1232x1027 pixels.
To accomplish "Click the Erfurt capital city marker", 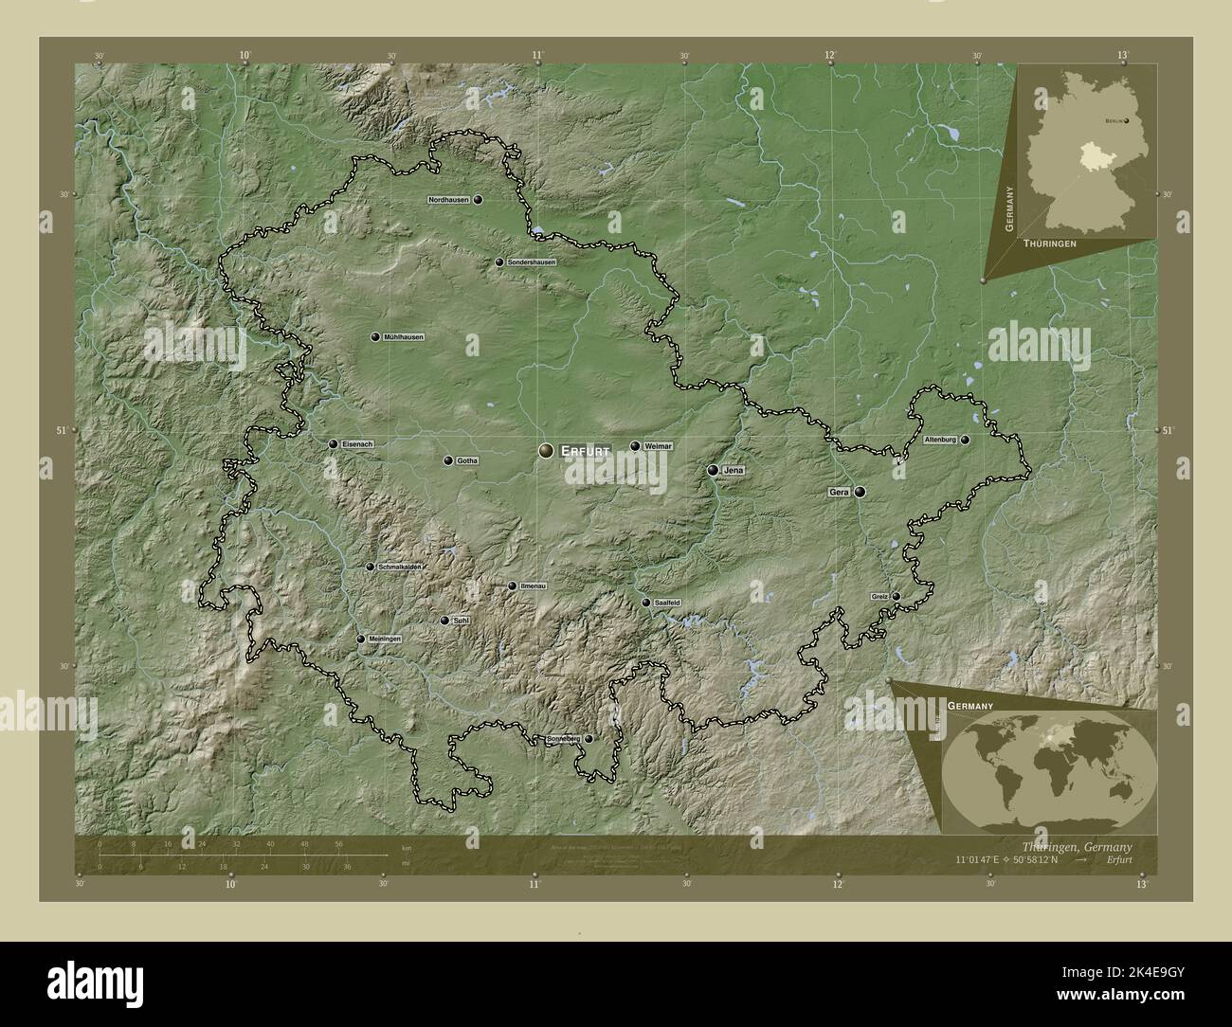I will point(547,452).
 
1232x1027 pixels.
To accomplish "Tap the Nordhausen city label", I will point(449,200).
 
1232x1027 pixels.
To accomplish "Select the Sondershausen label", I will point(531,261).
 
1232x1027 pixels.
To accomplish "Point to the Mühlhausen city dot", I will point(375,337).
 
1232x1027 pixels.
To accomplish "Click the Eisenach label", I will point(357,443).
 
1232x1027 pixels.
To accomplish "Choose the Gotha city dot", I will point(447,460).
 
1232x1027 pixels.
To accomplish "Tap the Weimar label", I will point(658,445).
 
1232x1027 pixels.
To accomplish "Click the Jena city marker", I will point(713,470).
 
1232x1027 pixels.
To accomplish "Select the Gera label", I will point(838,492).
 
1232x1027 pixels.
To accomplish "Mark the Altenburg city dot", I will point(966,441).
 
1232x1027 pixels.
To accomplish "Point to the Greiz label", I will point(879,596).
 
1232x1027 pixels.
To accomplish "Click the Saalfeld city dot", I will point(646,603).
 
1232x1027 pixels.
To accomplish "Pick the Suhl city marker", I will point(444,621).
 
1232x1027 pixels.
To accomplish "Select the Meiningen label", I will point(385,640).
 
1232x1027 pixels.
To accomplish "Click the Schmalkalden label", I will point(400,567).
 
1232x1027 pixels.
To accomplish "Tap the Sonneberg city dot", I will point(589,738).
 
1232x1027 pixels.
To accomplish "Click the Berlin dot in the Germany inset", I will point(1127,121).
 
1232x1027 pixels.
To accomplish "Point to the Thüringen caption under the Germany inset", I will point(1049,243).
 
